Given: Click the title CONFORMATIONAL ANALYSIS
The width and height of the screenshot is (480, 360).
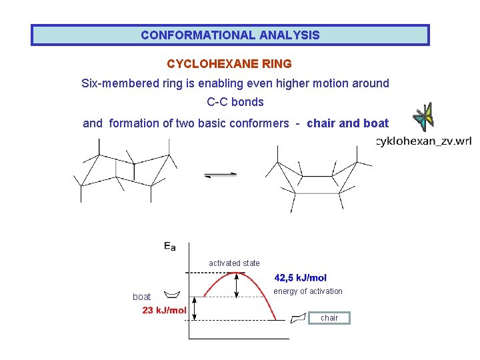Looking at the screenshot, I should (x=230, y=35).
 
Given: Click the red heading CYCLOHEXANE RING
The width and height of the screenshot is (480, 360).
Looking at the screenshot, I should (x=229, y=64).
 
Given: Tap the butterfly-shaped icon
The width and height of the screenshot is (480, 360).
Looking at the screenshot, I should (x=423, y=117).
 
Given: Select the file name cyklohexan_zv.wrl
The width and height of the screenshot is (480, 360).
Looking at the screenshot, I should (x=423, y=141).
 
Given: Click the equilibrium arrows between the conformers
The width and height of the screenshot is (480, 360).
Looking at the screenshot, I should (x=220, y=175).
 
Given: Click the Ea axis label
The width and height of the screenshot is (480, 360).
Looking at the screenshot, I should (x=170, y=247).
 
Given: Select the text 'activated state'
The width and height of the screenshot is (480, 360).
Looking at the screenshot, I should (x=234, y=263).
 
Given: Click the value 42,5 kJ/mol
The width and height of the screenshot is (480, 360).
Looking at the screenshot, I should (x=301, y=278).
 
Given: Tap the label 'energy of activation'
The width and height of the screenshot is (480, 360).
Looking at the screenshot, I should (x=308, y=291).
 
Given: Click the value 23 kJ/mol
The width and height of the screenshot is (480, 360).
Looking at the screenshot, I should (x=164, y=310).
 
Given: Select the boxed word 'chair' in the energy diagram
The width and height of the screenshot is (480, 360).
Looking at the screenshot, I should (x=329, y=318).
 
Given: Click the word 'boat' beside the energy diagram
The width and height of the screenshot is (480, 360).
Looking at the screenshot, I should (x=142, y=297).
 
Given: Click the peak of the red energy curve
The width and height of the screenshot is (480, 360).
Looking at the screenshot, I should (x=237, y=274).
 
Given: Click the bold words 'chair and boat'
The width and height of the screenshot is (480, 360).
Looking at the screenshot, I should (x=347, y=123).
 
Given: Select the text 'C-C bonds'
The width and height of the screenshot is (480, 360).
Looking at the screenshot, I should (x=235, y=102).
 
